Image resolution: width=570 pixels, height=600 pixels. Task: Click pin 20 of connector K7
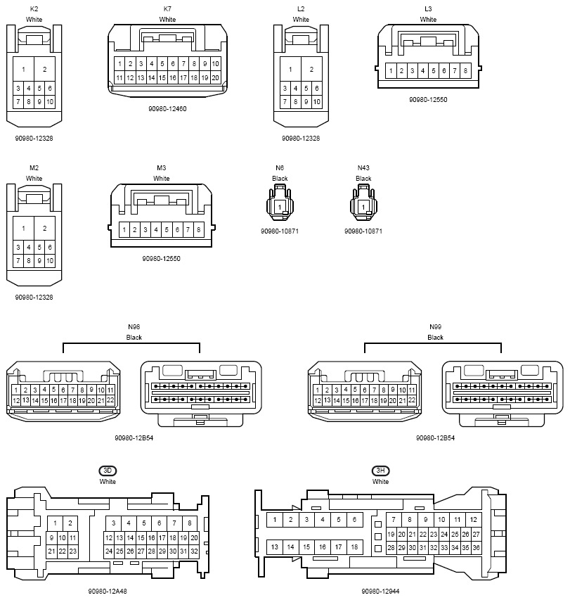click(215, 77)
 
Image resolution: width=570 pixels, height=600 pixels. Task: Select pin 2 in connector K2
click(44, 69)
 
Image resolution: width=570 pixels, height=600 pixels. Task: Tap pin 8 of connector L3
click(465, 70)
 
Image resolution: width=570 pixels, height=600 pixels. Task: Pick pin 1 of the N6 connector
click(280, 206)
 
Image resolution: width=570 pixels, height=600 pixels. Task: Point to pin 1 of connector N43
click(363, 206)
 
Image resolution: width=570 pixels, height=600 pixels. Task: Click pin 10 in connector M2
click(50, 260)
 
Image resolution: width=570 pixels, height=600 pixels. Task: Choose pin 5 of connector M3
click(167, 230)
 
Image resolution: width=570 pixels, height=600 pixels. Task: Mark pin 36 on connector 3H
click(476, 547)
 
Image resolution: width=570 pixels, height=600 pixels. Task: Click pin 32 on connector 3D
click(194, 551)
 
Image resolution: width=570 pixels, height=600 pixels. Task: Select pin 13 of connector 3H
click(274, 547)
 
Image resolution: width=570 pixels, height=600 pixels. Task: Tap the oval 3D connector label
click(108, 471)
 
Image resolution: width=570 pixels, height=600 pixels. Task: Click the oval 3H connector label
click(380, 471)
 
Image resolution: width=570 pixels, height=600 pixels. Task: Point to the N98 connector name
click(134, 327)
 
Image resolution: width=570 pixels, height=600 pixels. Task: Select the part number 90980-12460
click(167, 108)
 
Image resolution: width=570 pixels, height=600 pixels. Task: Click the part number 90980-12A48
click(108, 592)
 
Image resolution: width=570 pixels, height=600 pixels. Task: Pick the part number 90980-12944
click(380, 592)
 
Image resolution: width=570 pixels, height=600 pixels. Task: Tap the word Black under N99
click(436, 338)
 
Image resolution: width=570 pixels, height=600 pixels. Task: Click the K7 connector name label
click(167, 9)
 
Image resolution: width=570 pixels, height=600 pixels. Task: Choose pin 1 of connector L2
click(290, 69)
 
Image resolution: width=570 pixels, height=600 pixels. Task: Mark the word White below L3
click(428, 20)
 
